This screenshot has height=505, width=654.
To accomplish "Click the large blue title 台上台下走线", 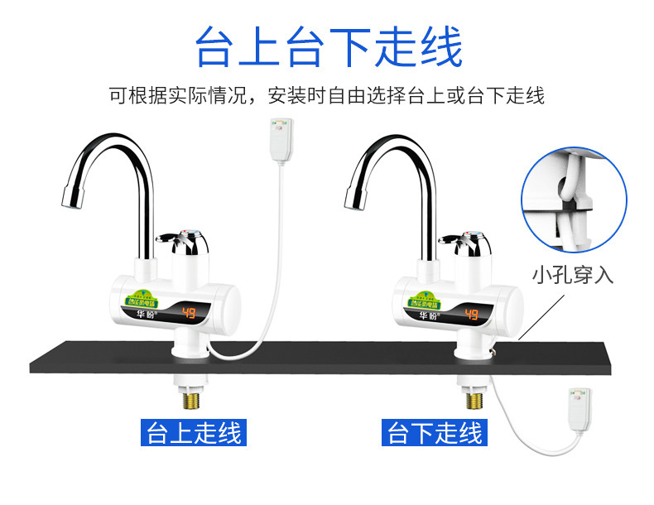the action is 328,47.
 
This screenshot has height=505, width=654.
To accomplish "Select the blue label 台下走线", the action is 435,433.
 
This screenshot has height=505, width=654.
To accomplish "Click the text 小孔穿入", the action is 573,275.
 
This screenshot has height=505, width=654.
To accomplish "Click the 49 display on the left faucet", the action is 188,314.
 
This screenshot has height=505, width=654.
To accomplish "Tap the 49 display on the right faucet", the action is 472,314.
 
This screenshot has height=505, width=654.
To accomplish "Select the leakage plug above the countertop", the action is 278,137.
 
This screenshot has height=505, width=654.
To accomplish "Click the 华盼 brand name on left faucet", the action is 141,315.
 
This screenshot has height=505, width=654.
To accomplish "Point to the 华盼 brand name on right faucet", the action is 426,315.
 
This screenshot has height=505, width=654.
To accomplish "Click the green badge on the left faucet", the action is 141,297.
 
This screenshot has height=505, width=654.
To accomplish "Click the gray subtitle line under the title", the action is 328,95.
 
